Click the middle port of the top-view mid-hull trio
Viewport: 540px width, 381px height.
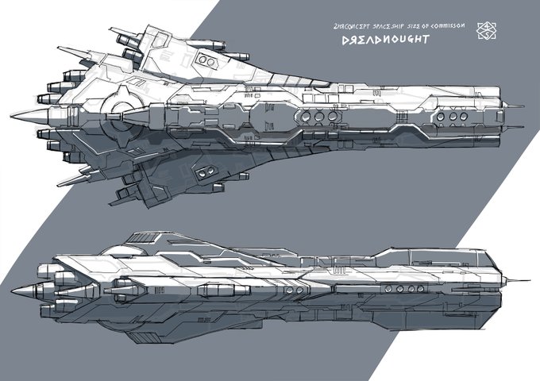(x=318, y=116)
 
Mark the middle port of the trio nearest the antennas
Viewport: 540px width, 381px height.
(x=451, y=116)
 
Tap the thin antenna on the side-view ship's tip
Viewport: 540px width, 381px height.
(x=516, y=279)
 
